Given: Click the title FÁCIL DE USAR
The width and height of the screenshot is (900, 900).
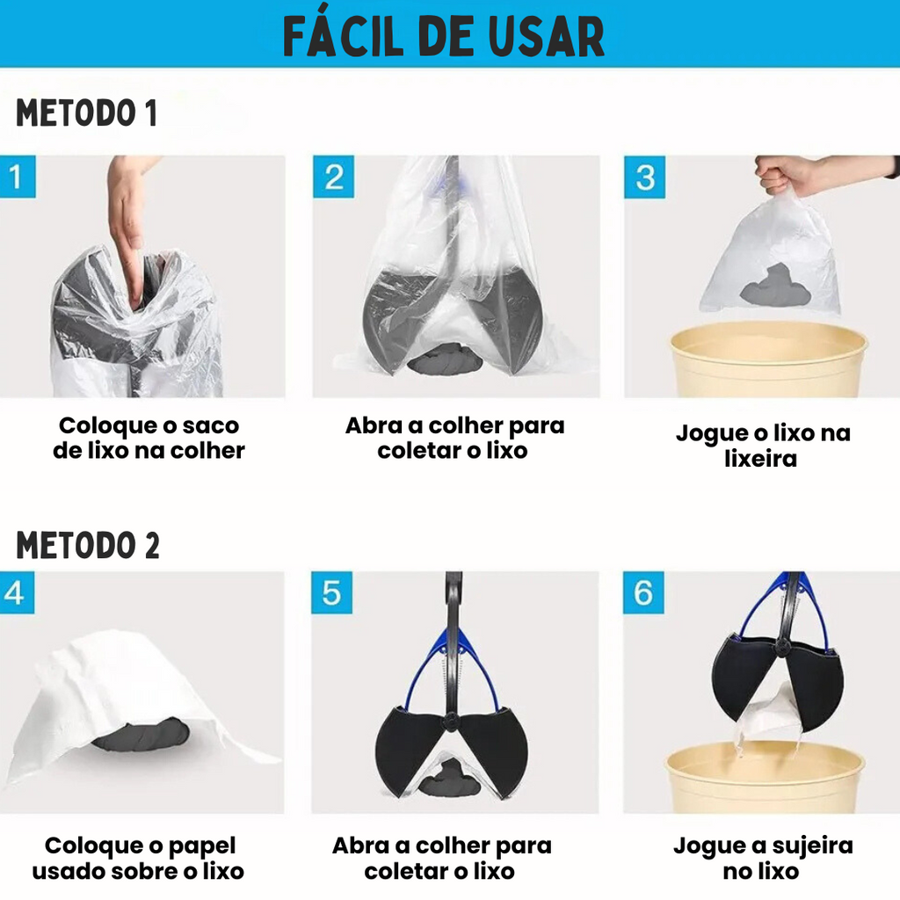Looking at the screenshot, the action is click(444, 36).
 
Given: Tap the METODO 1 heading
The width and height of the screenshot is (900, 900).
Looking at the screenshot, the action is click(86, 112).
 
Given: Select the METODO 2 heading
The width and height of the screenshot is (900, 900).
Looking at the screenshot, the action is click(87, 545).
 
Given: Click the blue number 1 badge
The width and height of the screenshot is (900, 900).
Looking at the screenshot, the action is click(18, 177).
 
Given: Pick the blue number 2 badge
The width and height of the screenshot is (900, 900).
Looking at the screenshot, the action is click(333, 177).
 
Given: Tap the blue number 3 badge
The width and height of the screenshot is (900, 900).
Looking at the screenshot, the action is click(644, 177).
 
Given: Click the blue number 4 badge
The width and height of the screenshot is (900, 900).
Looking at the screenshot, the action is click(17, 592).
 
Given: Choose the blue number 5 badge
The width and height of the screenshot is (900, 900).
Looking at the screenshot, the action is click(331, 592).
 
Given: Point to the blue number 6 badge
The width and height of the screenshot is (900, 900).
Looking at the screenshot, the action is click(643, 592).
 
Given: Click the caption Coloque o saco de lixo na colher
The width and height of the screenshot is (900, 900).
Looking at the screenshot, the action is click(149, 438).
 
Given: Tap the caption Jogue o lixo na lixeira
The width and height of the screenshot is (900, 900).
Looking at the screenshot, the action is click(763, 446).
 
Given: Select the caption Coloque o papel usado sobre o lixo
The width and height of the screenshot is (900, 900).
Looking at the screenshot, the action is click(138, 858).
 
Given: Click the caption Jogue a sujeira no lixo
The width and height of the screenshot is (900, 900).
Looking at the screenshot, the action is click(763, 858).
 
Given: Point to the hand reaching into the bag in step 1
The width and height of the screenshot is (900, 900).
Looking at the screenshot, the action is click(129, 224).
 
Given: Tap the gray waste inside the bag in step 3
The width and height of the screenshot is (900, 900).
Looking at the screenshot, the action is click(775, 286).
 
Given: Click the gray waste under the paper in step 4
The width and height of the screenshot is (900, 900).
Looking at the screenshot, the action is click(142, 735).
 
